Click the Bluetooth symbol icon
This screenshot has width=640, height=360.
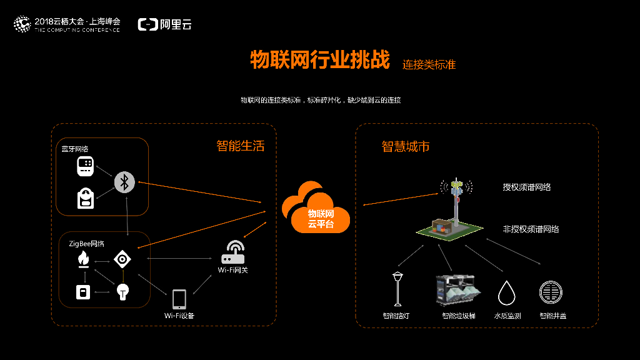(124, 182)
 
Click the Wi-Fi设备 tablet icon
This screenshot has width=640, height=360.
(179, 299)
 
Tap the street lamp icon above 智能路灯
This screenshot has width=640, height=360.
(397, 288)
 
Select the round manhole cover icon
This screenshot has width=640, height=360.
(551, 292)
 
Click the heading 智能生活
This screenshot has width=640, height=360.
(241, 146)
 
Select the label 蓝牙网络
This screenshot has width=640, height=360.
(75, 149)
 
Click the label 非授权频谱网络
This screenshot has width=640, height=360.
(531, 229)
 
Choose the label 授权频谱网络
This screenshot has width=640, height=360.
(527, 187)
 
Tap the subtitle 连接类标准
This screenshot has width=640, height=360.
(429, 64)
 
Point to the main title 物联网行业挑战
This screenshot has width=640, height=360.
(319, 60)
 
